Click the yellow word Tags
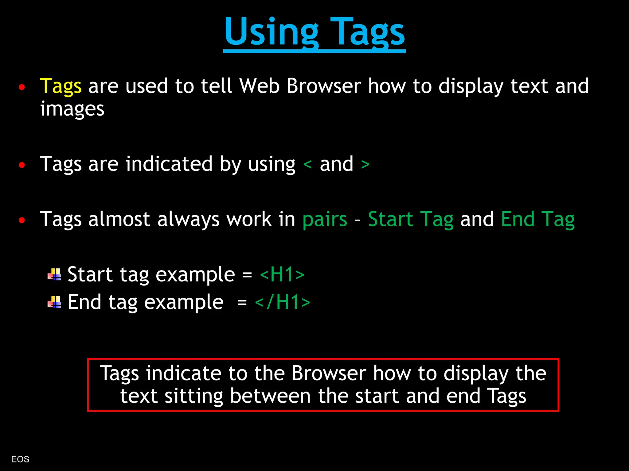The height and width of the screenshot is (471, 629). (x=61, y=86)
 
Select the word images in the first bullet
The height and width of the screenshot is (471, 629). (x=72, y=109)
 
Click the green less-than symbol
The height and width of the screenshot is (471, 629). (x=307, y=165)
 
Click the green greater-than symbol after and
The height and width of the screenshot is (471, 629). (x=365, y=165)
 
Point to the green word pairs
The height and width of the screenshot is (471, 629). (x=325, y=220)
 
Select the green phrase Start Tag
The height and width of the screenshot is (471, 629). (x=411, y=220)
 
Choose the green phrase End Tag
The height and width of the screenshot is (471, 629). (x=537, y=220)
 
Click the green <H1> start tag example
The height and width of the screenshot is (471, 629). (x=282, y=274)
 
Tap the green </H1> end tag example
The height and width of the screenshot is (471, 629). (x=283, y=302)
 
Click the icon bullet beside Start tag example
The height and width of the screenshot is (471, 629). (x=54, y=275)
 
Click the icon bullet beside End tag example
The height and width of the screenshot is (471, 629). (x=54, y=302)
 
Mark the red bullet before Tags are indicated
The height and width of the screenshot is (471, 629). (x=21, y=165)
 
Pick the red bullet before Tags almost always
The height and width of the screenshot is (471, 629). (x=21, y=220)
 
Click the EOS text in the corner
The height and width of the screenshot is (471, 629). (x=20, y=459)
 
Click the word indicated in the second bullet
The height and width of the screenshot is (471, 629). (x=169, y=164)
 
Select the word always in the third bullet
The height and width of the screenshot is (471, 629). (x=188, y=220)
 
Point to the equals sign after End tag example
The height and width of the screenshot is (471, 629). (x=242, y=303)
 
